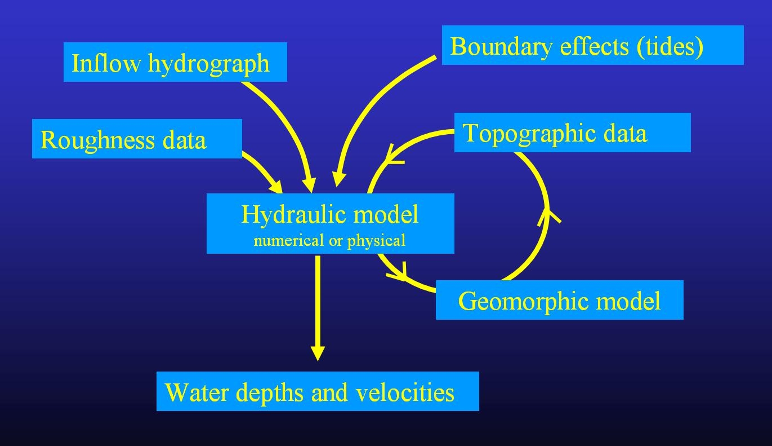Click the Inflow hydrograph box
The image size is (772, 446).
tap(175, 62)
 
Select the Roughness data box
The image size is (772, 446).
tap(137, 139)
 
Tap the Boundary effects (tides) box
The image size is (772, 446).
tap(592, 45)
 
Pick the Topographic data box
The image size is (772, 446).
tap(572, 133)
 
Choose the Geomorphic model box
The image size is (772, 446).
tap(559, 300)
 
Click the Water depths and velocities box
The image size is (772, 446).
tap(318, 391)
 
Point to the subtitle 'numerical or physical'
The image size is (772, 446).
tap(329, 241)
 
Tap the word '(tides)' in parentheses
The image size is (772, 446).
tap(670, 46)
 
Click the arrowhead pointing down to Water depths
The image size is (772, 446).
tap(318, 352)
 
